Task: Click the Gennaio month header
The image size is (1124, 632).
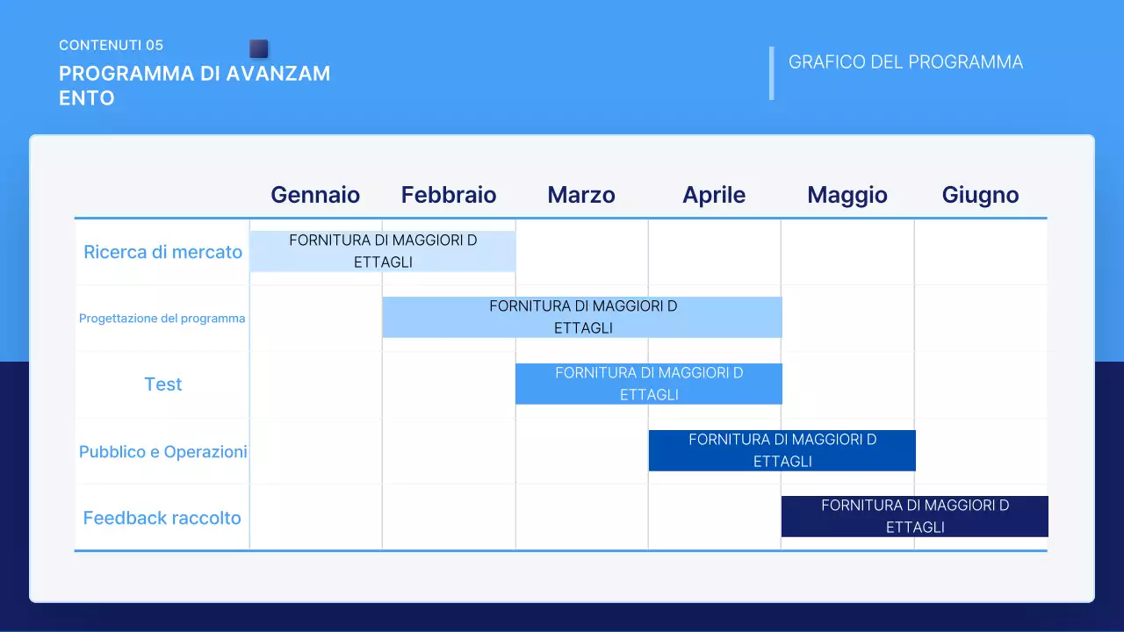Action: pos(315,195)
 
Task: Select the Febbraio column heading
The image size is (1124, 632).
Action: pos(449,195)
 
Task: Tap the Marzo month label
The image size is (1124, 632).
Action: pos(581,195)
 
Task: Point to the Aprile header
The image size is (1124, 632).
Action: pos(714,195)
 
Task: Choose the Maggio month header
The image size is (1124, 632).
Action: pos(847,195)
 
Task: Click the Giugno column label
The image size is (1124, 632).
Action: pos(980,195)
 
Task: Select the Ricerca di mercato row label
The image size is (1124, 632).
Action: pos(162,252)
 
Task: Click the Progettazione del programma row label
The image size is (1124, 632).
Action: pos(162,319)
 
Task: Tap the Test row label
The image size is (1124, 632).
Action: pos(163,384)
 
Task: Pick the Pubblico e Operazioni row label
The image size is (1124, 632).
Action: pos(162,452)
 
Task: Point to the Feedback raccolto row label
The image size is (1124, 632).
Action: pos(162,518)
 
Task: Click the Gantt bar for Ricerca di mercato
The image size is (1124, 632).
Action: pos(383,251)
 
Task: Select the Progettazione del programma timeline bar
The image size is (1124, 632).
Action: pos(582,317)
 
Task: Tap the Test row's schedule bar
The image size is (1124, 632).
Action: pos(649,384)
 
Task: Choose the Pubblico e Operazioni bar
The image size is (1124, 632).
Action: pos(782,450)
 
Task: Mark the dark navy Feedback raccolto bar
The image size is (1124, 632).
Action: pos(915,516)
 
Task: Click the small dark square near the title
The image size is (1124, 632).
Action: pos(258,48)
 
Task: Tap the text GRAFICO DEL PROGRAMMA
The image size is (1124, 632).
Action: pos(905,62)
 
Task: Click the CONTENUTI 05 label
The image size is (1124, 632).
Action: pos(111,45)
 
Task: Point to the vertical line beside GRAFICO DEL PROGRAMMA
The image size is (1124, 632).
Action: pos(772,73)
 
